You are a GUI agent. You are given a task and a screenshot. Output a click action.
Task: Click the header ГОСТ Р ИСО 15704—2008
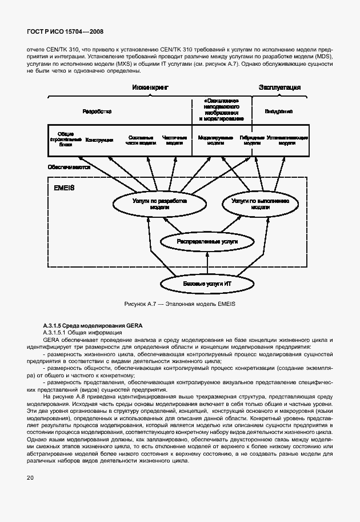point(63,33)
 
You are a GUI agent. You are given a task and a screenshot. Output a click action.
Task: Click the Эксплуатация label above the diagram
point(280,87)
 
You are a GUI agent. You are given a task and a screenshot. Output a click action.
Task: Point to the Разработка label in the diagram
point(97,111)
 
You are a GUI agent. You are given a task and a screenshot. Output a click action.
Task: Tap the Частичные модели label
point(174,140)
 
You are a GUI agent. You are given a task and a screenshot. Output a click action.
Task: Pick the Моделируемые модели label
point(215,140)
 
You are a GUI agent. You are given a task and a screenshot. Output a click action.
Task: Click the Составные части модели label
point(141,140)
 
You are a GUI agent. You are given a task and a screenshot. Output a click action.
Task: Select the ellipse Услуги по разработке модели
point(151,205)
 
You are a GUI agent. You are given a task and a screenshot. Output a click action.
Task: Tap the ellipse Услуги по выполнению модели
point(259,205)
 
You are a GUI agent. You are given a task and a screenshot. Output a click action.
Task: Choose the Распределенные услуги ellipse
point(207,242)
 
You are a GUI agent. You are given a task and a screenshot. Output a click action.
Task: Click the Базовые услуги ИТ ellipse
point(207,284)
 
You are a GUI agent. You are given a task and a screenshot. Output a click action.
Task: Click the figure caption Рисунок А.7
point(180,304)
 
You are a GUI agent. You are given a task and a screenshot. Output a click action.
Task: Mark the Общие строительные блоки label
point(66,140)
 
